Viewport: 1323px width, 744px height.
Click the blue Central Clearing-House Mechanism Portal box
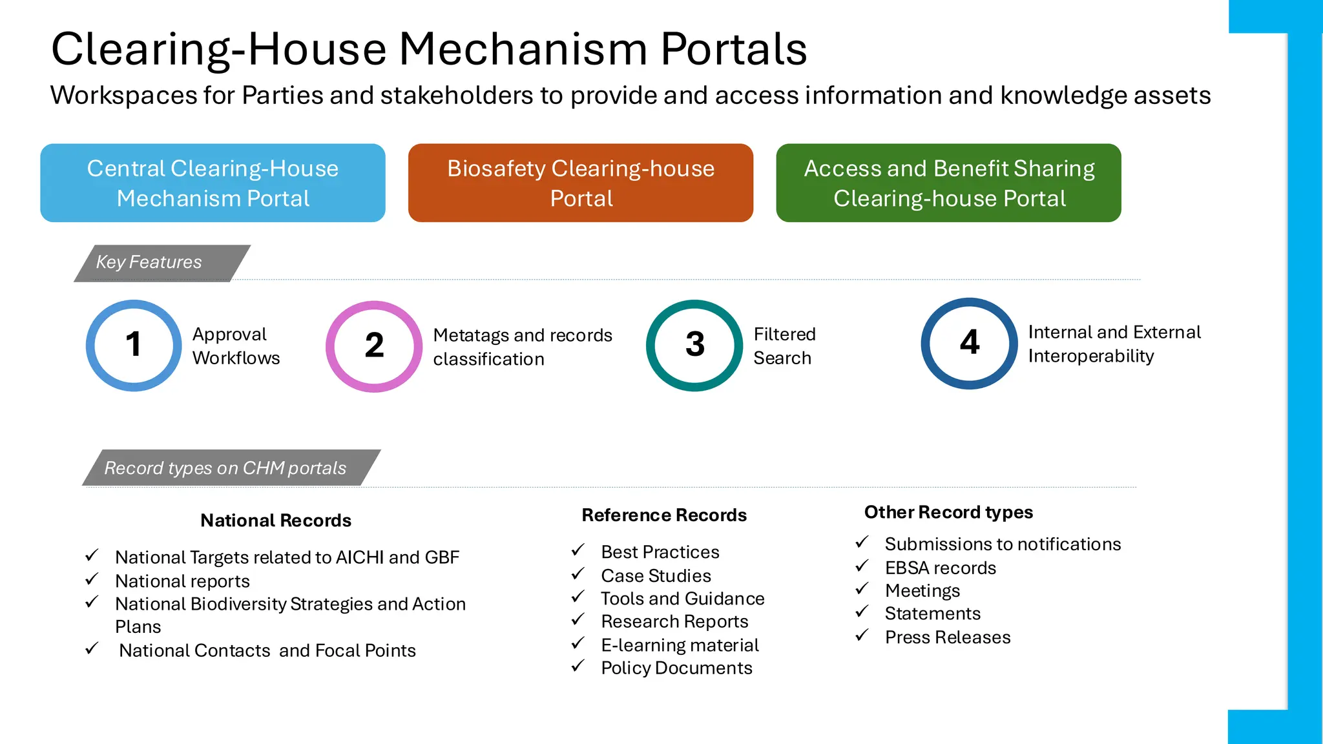pos(213,183)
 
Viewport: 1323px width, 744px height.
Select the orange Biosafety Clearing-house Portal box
pos(580,183)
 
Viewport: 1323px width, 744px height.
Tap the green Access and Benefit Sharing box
pos(948,183)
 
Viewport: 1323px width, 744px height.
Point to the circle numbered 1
pos(134,345)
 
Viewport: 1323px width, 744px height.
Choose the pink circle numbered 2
pos(374,346)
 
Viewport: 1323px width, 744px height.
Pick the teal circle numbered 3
pos(694,345)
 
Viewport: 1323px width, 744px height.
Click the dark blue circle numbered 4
pos(969,343)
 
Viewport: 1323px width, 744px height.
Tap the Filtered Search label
pos(784,346)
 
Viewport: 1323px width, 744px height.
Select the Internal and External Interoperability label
pos(1114,344)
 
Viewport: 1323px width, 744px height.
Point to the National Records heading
pos(276,521)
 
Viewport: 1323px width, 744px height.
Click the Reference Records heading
pos(664,515)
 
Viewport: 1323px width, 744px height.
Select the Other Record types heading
pos(948,512)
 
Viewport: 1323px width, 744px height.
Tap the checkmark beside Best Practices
pos(578,551)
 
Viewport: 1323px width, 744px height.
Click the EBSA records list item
pos(940,568)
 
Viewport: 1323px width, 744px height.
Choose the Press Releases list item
pos(947,637)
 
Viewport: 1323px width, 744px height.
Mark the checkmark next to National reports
pos(92,579)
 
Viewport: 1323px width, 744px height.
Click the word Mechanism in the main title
pos(523,50)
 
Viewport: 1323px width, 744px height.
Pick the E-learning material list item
pos(680,645)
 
